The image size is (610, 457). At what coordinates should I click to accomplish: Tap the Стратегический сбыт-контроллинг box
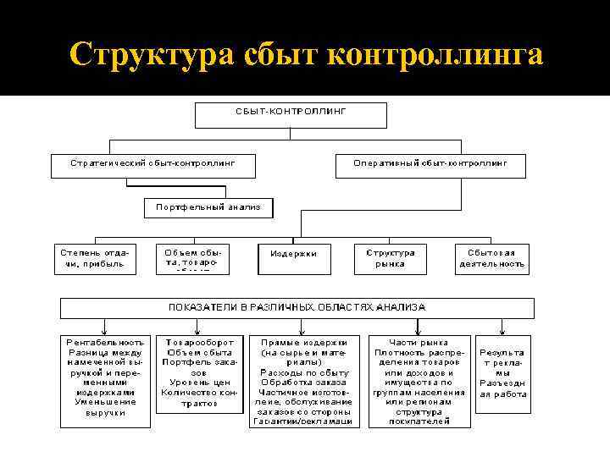click(152, 163)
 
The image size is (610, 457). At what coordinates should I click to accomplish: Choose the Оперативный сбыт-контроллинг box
click(430, 163)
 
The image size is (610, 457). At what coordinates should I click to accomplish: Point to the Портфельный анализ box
click(208, 207)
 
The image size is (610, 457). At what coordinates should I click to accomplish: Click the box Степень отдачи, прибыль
click(96, 258)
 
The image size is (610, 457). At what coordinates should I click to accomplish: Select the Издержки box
click(293, 255)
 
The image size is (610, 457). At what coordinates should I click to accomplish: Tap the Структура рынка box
click(391, 258)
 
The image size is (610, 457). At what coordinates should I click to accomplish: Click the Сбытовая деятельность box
click(492, 258)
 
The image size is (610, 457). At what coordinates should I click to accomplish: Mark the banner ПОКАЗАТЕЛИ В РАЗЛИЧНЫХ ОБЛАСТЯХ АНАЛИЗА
click(297, 307)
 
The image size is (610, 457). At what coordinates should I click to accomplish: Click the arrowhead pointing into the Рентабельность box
click(104, 330)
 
